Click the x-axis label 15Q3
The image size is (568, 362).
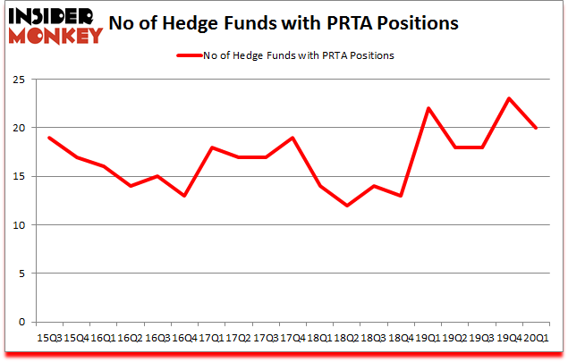(50, 338)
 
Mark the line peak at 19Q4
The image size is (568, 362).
(509, 98)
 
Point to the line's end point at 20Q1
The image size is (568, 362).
(535, 128)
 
